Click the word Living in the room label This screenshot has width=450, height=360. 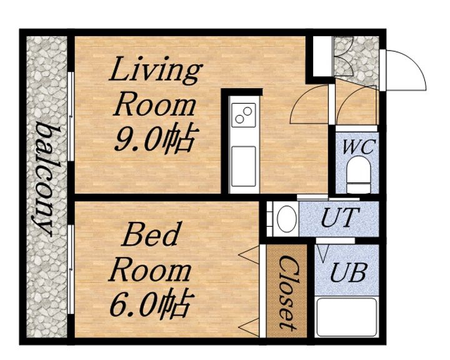[156, 71]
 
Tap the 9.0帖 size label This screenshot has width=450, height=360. [157, 140]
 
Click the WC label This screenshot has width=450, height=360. [359, 147]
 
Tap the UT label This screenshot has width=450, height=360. [341, 217]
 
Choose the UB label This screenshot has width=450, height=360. [349, 272]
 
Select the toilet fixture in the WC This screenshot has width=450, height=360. [358, 174]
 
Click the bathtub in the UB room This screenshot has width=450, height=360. [346, 317]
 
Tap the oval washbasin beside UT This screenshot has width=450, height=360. [287, 219]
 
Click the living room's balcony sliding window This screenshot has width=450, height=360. [71, 116]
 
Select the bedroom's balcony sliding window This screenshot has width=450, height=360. [71, 269]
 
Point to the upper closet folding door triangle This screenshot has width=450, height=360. [249, 254]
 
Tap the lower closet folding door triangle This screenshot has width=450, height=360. [249, 327]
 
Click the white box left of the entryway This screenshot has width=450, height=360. [322, 56]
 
